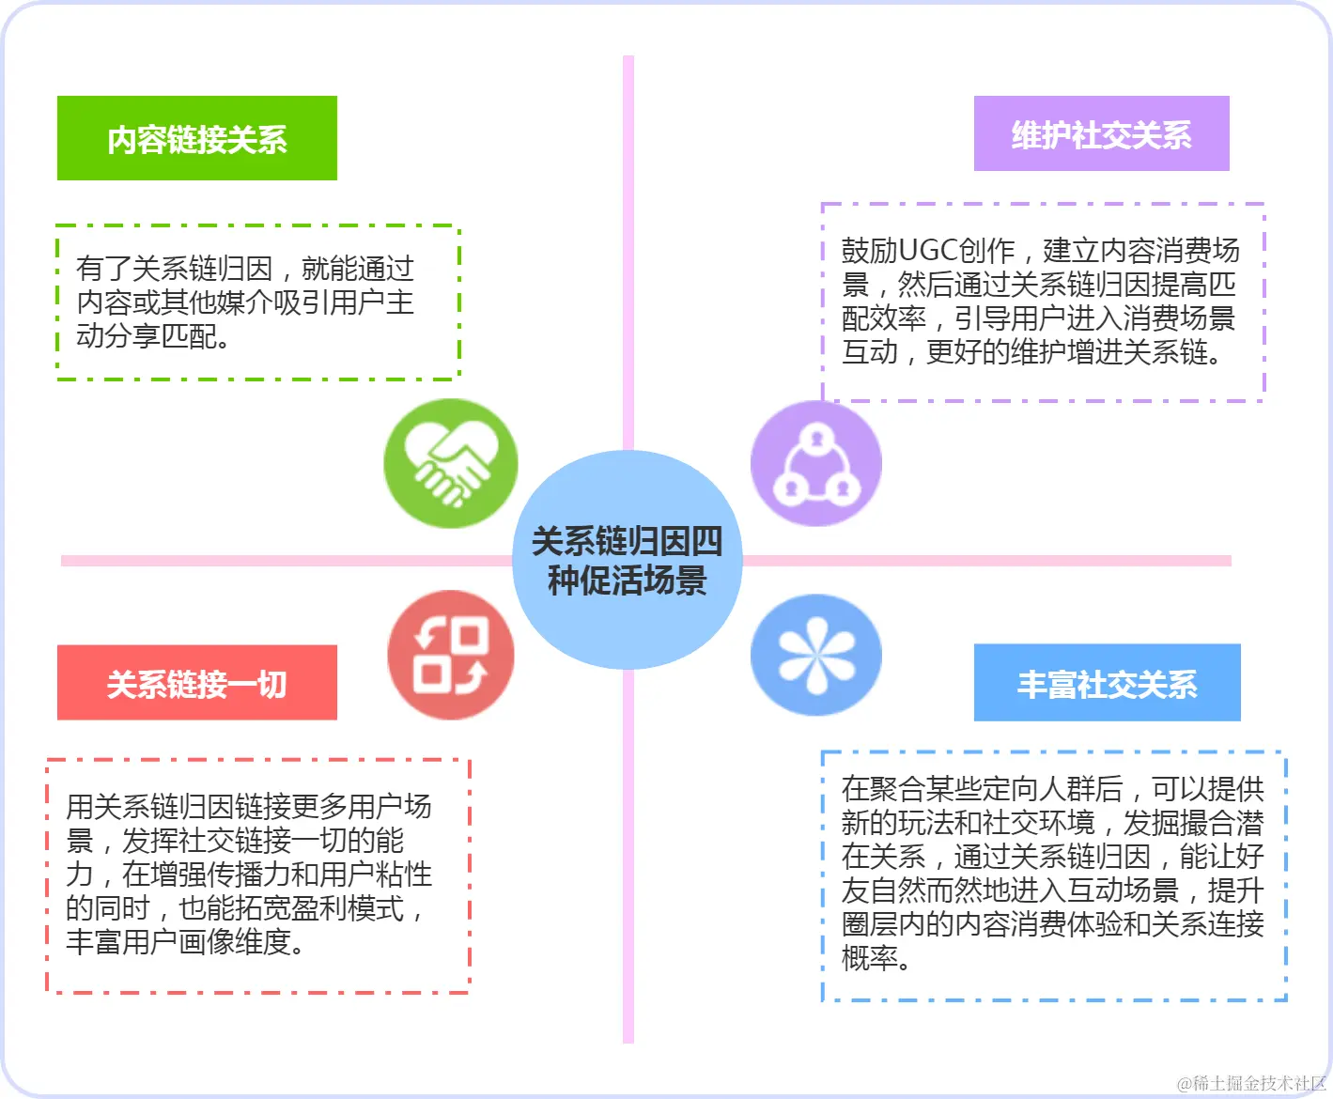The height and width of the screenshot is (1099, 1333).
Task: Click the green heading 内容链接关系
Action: (x=197, y=139)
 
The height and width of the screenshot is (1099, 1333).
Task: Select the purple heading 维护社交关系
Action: (x=1101, y=134)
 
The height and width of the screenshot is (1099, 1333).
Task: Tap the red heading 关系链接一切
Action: (x=196, y=684)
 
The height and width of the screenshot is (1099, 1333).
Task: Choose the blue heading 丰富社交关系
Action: (x=1107, y=684)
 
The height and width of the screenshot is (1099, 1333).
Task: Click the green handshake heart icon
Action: (x=451, y=463)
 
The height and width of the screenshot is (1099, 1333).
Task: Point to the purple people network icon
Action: (x=815, y=463)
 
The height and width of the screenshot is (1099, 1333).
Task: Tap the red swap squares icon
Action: (x=451, y=655)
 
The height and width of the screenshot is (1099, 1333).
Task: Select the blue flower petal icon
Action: (x=815, y=655)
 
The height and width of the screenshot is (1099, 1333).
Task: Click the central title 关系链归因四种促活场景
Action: (x=628, y=561)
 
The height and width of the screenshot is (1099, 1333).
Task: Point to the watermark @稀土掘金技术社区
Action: (x=1250, y=1083)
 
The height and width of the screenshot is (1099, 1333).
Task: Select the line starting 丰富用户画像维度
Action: (x=185, y=941)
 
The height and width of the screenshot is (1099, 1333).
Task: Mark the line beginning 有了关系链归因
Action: (x=244, y=269)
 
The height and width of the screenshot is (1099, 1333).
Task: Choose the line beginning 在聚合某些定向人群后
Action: (x=1052, y=788)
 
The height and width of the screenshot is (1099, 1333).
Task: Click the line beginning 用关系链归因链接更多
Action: (x=248, y=806)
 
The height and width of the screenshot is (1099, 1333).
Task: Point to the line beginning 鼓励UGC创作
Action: (x=1040, y=251)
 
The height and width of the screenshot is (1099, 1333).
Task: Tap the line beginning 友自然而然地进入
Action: (x=1052, y=890)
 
